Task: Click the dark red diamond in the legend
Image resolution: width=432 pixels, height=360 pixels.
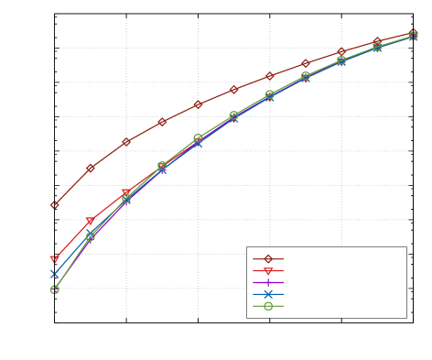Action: pos(268,258)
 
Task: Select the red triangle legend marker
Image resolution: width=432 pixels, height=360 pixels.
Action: pos(268,271)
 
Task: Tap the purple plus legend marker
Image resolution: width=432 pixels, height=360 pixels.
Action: pos(268,283)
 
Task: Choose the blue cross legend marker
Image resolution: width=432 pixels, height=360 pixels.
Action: pos(268,294)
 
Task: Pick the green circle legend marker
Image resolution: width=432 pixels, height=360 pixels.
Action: pos(268,306)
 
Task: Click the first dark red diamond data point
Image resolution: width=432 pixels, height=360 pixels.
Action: pos(55,205)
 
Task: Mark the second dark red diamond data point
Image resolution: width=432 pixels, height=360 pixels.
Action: pos(91,168)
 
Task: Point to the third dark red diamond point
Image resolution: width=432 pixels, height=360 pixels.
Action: pos(126,142)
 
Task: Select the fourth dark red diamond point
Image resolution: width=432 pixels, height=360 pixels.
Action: pos(162,121)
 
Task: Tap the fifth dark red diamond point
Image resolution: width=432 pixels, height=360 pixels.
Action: pos(198,104)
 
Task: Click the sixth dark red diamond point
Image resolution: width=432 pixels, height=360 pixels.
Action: pos(233,90)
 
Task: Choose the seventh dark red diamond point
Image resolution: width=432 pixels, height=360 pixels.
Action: pos(269,76)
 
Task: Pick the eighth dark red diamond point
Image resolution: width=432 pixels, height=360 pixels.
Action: pos(306,63)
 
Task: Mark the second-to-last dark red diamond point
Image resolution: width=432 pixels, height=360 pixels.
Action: pos(377,42)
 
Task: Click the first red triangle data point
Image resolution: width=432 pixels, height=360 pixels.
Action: pos(55,260)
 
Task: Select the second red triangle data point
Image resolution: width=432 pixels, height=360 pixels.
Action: pos(91,221)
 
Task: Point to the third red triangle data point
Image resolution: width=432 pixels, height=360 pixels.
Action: pos(126,192)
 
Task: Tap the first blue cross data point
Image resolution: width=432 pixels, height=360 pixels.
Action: pos(55,273)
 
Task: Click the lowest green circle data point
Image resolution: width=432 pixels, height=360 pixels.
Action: pos(55,289)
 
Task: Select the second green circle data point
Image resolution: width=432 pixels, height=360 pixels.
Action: pos(91,236)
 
